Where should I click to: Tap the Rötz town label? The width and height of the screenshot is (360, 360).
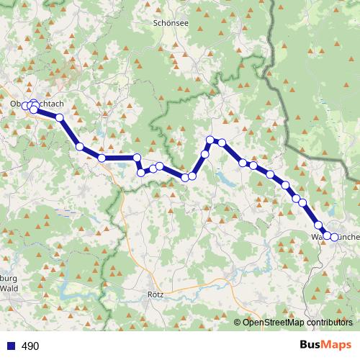point(155,294)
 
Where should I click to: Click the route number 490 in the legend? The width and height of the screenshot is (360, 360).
point(30,346)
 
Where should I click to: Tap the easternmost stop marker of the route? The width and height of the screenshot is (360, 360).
point(334,236)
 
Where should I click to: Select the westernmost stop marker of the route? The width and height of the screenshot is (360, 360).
point(26,107)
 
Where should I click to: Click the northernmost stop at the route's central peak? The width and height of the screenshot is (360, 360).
point(210,140)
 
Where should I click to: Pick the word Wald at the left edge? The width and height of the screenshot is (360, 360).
point(9,288)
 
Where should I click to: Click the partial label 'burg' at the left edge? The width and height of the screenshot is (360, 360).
point(9,279)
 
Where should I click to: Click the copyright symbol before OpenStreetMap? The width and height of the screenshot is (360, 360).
point(238,323)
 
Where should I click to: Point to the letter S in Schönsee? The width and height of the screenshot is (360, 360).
point(156,22)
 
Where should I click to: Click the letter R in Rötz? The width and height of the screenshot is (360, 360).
point(148,294)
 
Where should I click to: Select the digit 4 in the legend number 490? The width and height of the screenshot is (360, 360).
point(25,346)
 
